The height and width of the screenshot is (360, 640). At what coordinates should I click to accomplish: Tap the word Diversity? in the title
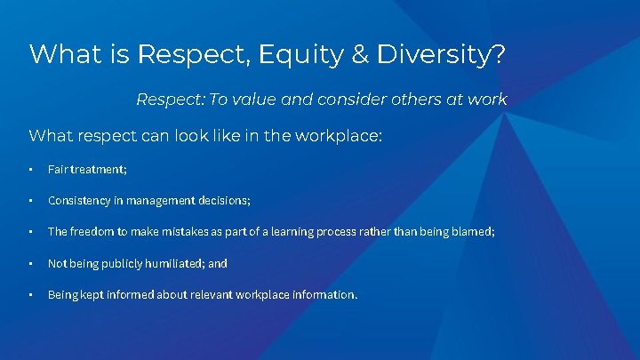coord(442,54)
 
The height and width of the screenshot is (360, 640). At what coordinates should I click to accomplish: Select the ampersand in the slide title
coord(361,54)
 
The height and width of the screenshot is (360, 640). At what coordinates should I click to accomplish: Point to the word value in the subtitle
coord(258,100)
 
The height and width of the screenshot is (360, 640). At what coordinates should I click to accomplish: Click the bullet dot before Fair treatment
coord(31,170)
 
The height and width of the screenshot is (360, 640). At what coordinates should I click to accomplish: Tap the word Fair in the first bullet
coord(58,170)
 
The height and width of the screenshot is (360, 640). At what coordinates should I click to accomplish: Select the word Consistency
coord(80,201)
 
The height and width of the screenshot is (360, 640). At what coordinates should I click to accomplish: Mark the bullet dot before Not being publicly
coord(31,263)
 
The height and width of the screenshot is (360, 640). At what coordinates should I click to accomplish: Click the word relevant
coord(207,294)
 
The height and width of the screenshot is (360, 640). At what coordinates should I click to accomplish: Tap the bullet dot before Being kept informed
coord(31,294)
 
